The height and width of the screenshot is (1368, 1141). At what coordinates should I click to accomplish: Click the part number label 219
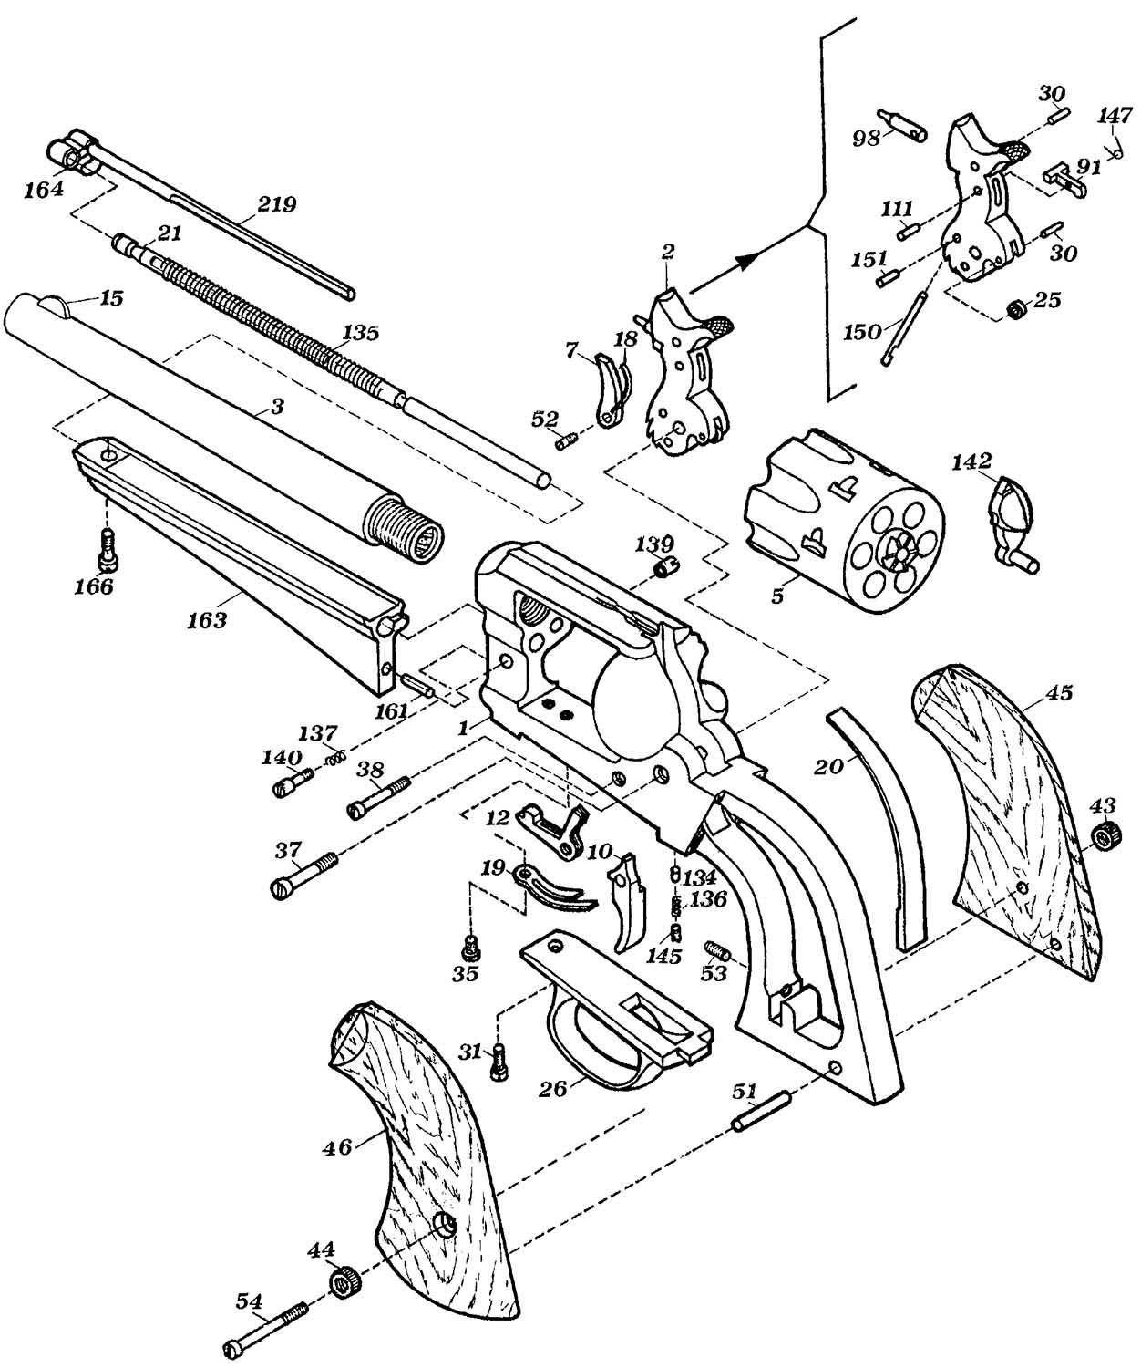[x=277, y=205]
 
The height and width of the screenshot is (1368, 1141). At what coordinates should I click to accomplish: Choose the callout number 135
[x=362, y=333]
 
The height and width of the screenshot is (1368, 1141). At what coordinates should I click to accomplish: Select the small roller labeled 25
[x=1014, y=308]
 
